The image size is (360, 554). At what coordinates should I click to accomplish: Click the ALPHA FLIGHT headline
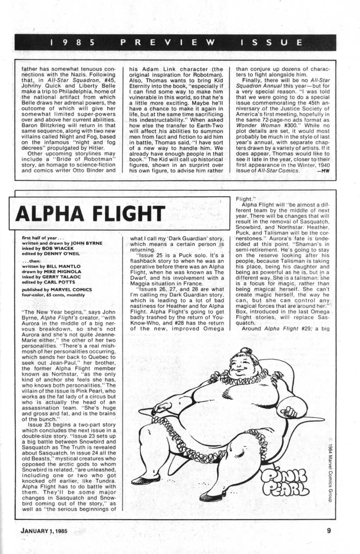point(90,213)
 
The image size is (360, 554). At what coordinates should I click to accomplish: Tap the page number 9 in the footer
point(329,530)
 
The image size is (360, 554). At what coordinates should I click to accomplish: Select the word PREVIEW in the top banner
point(168,42)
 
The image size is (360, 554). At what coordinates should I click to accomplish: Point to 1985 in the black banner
point(73,42)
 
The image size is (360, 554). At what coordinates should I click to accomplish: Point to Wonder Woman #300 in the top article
point(258,125)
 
